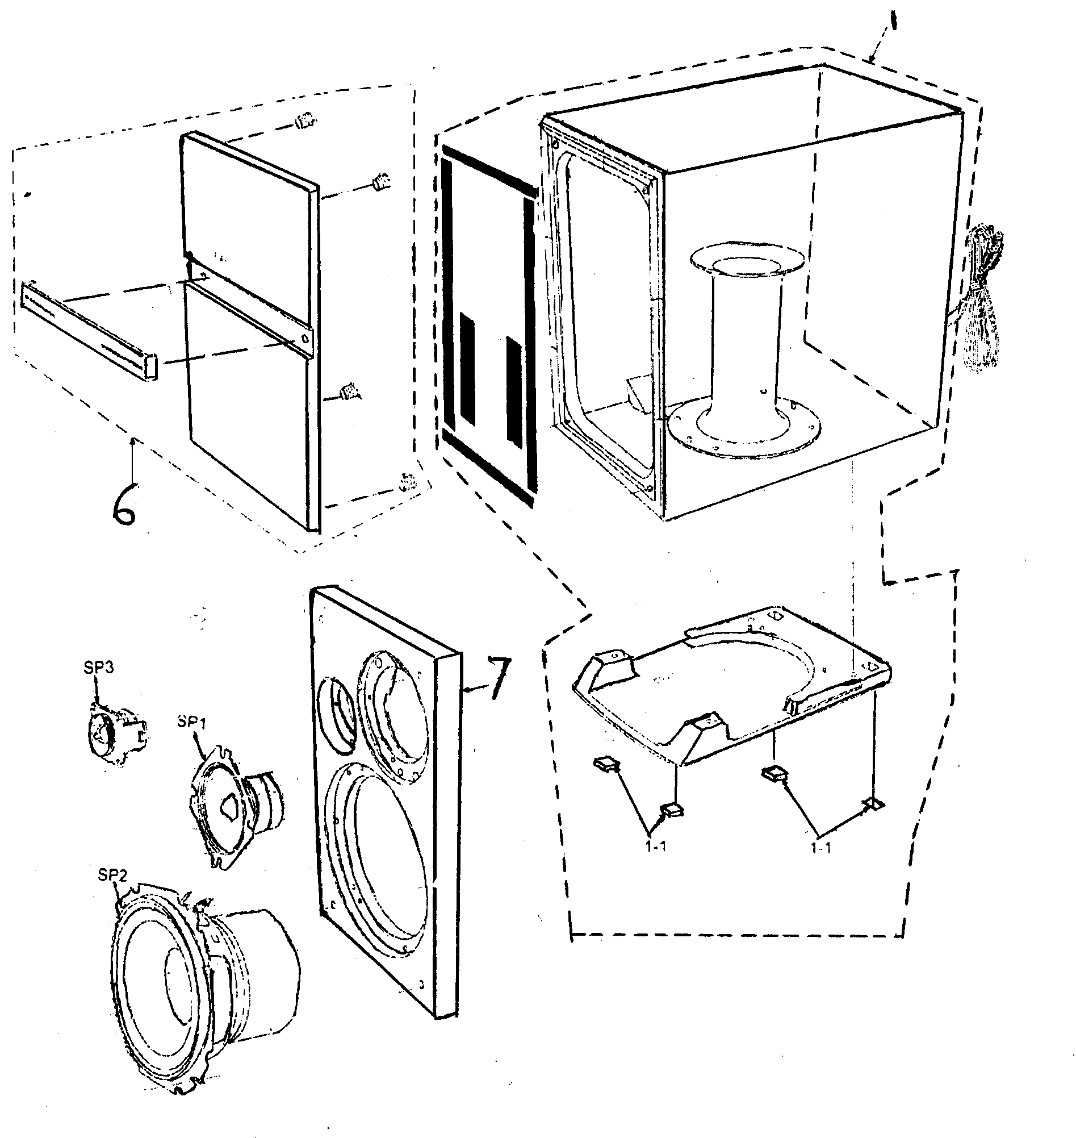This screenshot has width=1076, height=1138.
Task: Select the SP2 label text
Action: click(x=111, y=875)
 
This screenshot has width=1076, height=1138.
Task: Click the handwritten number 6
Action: click(x=124, y=505)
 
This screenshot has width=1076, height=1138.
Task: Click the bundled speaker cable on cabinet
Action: click(x=982, y=298)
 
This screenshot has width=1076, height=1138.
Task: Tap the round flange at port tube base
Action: click(x=745, y=433)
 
